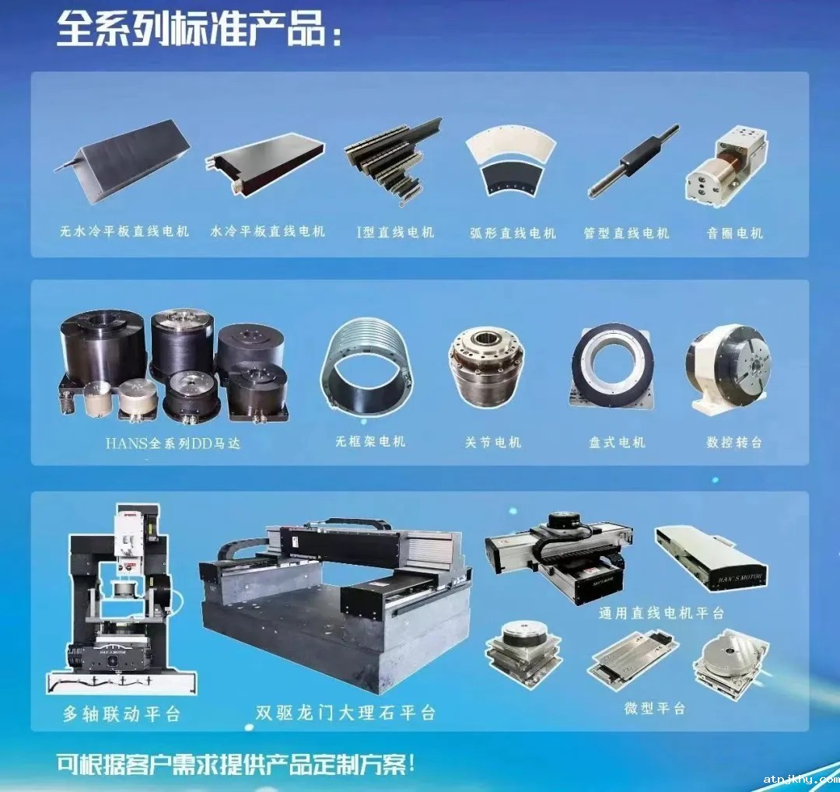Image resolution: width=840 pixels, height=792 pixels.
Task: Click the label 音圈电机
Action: pyautogui.click(x=734, y=233)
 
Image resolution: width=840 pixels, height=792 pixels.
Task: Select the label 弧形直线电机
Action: pyautogui.click(x=513, y=233)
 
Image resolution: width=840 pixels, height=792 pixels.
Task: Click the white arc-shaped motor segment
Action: pyautogui.click(x=510, y=143)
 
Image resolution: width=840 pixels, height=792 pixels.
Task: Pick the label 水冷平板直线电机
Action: pyautogui.click(x=268, y=232)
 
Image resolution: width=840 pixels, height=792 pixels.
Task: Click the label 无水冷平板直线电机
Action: pyautogui.click(x=124, y=231)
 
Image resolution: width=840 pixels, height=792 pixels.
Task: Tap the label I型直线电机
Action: pyautogui.click(x=395, y=232)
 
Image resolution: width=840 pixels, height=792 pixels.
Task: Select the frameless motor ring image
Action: pyautogui.click(x=367, y=362)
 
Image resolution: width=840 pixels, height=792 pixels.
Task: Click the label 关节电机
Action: pyautogui.click(x=493, y=442)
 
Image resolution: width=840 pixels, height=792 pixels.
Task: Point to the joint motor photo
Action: pyautogui.click(x=486, y=370)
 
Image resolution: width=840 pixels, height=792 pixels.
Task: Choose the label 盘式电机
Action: pyautogui.click(x=617, y=442)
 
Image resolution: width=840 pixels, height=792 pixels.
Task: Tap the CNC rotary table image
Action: pyautogui.click(x=729, y=369)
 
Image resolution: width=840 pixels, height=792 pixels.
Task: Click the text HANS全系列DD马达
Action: pyautogui.click(x=173, y=443)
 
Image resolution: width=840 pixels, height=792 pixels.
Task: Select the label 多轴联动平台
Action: pyautogui.click(x=121, y=713)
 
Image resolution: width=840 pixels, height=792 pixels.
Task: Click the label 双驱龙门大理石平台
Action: pyautogui.click(x=345, y=713)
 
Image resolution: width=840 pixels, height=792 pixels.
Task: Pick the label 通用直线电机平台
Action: pyautogui.click(x=662, y=612)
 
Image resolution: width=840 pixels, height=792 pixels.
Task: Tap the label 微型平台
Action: pyautogui.click(x=655, y=708)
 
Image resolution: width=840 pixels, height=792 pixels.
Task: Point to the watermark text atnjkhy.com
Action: pyautogui.click(x=801, y=779)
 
